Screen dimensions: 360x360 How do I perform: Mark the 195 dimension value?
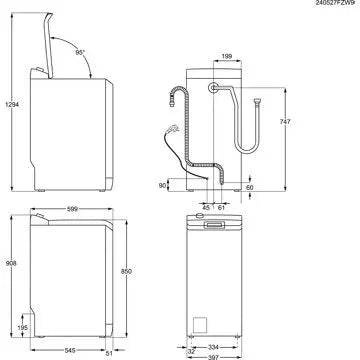point(21,327)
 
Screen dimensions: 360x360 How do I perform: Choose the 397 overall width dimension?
point(238,355)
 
